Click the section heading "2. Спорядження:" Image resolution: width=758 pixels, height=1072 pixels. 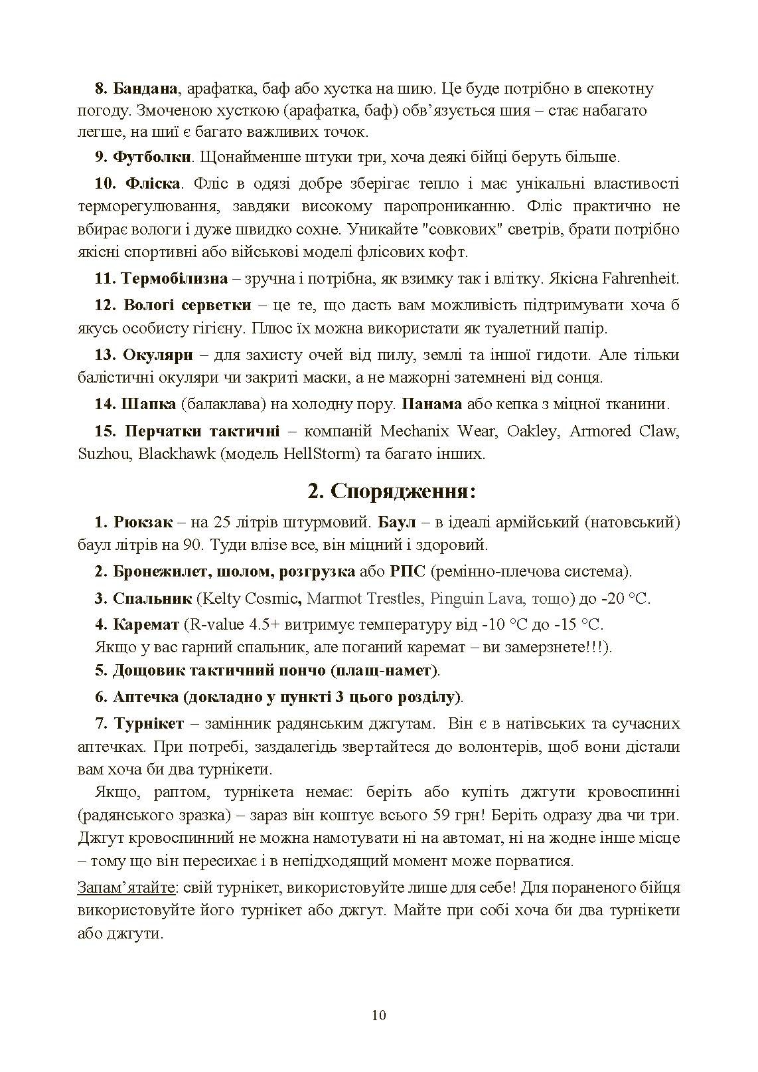(x=392, y=492)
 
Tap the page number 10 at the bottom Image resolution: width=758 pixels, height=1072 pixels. (x=379, y=1015)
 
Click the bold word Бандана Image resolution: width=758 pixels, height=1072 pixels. (x=145, y=88)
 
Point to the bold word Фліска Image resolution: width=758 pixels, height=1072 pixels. (x=152, y=183)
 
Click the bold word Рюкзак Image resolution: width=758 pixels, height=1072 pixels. (x=143, y=522)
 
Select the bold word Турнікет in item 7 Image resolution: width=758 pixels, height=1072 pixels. (x=149, y=723)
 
